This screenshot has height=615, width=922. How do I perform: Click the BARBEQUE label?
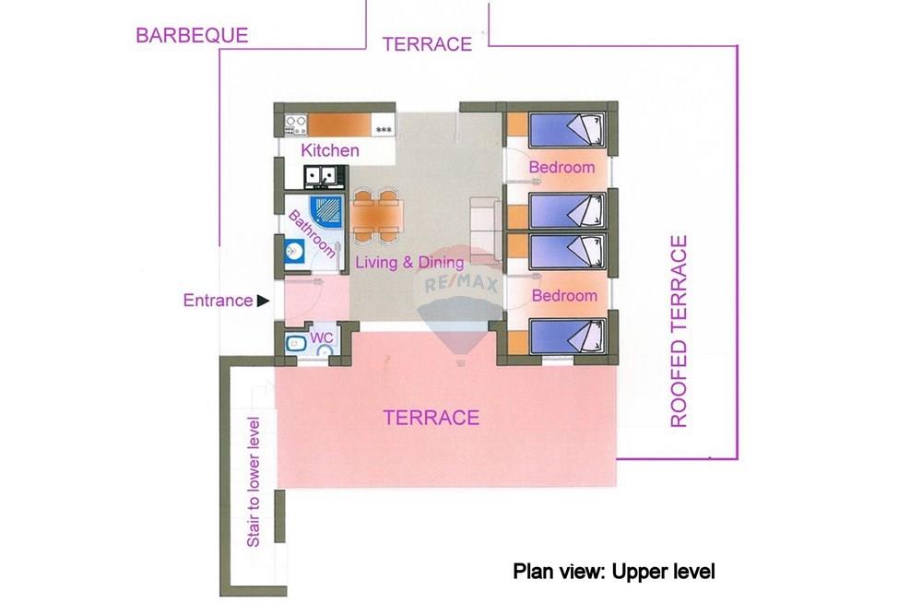[x=192, y=35]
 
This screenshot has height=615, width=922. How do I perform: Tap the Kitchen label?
[x=329, y=150]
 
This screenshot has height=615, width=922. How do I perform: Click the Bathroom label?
[x=313, y=234]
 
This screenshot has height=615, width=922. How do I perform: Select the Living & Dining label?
[x=409, y=262]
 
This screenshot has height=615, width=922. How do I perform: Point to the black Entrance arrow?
[x=263, y=301]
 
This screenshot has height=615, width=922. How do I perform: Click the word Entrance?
[x=218, y=301]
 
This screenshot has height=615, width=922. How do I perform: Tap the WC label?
[x=321, y=338]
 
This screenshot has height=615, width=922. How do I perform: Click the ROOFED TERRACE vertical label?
[x=679, y=331]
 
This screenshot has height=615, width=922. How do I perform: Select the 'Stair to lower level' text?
[x=254, y=482]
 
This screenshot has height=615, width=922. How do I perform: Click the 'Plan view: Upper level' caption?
[x=614, y=572]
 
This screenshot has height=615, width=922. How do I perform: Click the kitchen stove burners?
[x=296, y=125]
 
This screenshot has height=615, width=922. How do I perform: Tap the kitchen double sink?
[x=321, y=176]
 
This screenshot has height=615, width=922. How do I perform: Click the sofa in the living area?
[x=486, y=230]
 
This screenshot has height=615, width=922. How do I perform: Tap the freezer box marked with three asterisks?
[x=383, y=125]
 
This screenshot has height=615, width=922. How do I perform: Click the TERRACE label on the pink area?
[x=431, y=418]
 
